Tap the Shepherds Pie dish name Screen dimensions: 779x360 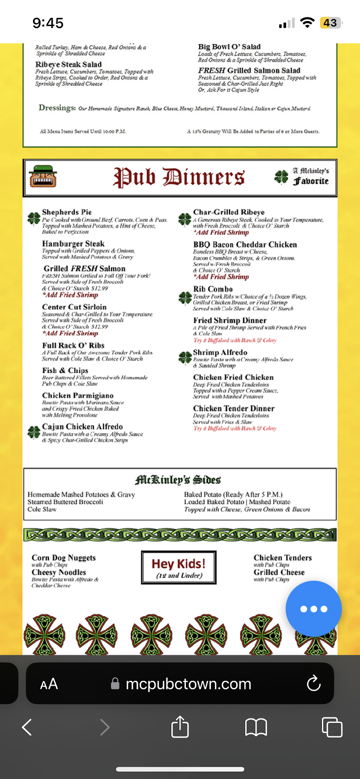pyautogui.click(x=67, y=212)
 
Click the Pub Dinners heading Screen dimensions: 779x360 pyautogui.click(x=179, y=178)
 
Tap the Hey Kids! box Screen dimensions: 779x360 pyautogui.click(x=179, y=567)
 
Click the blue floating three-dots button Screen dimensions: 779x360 pyautogui.click(x=313, y=609)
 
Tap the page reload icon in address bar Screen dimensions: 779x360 pyautogui.click(x=313, y=684)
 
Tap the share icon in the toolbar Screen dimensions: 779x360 pyautogui.click(x=180, y=727)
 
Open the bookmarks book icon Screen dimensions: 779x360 pyautogui.click(x=256, y=727)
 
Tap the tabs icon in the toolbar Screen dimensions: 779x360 pyautogui.click(x=332, y=727)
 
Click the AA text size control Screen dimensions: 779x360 pyautogui.click(x=49, y=684)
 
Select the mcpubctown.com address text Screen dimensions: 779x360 pyautogui.click(x=188, y=684)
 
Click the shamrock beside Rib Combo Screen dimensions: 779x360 pyautogui.click(x=185, y=298)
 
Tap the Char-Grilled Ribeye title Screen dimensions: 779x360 pyautogui.click(x=229, y=212)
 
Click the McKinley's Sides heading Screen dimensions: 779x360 pyautogui.click(x=178, y=480)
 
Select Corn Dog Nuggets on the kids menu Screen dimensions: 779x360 pyautogui.click(x=64, y=558)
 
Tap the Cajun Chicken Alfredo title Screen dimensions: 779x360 pyautogui.click(x=82, y=427)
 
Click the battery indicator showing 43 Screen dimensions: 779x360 pyautogui.click(x=330, y=23)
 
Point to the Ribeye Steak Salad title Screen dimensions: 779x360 pyautogui.click(x=68, y=65)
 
